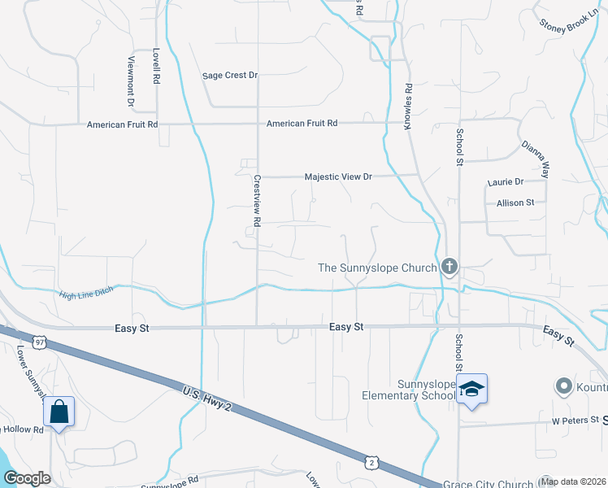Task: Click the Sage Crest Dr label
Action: point(230,76)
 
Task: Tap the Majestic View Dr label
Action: point(337,176)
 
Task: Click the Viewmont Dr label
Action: point(130,81)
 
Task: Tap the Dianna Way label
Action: point(536,158)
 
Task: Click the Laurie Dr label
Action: point(505,182)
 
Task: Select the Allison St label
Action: point(515,203)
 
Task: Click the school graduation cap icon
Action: point(471,390)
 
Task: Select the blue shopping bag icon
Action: point(59,412)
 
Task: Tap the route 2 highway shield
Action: point(371,462)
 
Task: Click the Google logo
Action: point(26,478)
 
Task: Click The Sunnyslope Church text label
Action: point(376,268)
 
